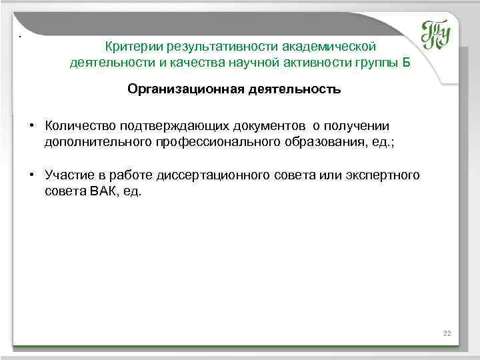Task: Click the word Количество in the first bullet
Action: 75,125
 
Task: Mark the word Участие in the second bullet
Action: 68,175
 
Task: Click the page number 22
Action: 447,333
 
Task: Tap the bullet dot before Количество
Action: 31,125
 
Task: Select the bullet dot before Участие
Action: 31,175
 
